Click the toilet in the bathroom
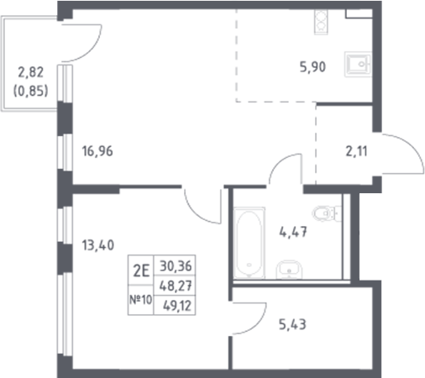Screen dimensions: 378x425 coord(323,214)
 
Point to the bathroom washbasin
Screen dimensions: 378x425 coord(291,270)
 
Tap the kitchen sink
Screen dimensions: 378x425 coord(359,65)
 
